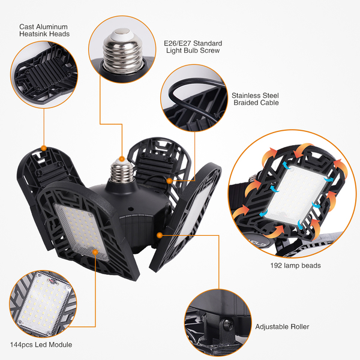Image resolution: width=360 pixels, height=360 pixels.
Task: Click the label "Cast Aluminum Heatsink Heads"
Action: [44, 31]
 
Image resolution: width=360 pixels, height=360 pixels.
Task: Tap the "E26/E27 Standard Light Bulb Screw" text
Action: [193, 47]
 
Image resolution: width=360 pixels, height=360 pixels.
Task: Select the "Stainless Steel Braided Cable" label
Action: [256, 99]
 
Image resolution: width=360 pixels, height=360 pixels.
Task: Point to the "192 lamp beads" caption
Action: [295, 266]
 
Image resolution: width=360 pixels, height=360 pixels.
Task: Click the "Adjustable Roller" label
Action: [282, 327]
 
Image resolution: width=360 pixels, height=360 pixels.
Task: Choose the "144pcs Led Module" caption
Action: [41, 344]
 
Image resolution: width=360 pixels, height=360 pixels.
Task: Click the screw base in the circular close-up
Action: [122, 50]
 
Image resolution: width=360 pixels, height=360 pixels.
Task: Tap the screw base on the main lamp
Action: [121, 171]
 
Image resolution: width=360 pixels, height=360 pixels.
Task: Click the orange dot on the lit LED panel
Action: [95, 253]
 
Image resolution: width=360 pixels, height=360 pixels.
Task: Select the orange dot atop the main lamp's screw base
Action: [122, 158]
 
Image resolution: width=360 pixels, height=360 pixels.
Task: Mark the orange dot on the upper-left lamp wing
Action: [44, 148]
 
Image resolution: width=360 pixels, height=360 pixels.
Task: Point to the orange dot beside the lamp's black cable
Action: [169, 181]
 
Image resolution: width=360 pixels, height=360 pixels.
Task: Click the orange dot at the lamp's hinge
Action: [160, 235]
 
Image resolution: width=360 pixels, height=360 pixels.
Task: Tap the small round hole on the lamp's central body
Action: [131, 209]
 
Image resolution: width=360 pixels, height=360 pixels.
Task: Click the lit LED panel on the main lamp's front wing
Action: [81, 231]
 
